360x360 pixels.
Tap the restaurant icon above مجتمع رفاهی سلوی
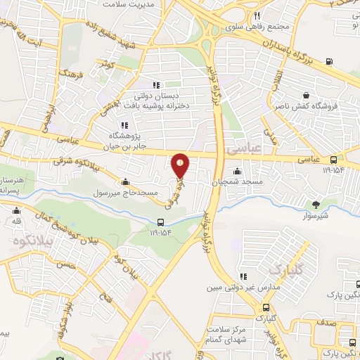point(257,15)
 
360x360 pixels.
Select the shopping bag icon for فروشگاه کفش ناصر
point(307,96)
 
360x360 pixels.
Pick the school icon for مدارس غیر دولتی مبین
point(244,277)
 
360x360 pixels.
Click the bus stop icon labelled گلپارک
point(266,307)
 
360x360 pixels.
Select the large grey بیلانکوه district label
point(28,240)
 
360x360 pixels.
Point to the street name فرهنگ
point(73,73)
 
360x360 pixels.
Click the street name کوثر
point(108,65)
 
